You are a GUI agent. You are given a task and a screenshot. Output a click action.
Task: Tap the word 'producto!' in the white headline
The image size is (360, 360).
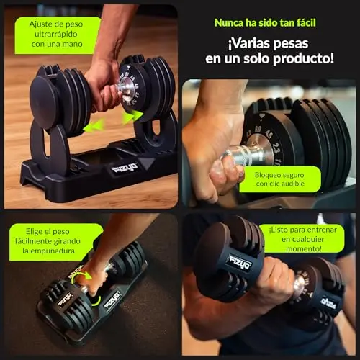click(x=303, y=59)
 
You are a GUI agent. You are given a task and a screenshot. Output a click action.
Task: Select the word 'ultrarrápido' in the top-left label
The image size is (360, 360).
click(x=56, y=34)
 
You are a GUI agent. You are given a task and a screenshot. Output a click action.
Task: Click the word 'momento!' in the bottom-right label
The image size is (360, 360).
click(x=304, y=248)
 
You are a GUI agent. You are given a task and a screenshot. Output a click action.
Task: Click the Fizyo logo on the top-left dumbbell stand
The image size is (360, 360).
click(x=125, y=168)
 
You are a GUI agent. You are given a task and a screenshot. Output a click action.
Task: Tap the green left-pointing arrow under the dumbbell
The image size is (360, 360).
click(x=94, y=125)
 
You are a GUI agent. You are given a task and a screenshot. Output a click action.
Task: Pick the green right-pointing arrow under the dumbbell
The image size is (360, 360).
click(x=132, y=117)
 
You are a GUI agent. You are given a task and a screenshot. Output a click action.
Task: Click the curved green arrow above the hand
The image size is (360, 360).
click(x=82, y=276)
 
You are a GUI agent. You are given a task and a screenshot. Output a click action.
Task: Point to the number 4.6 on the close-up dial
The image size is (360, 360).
click(x=269, y=134)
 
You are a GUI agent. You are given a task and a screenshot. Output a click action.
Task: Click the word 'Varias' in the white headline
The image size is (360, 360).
click(x=251, y=44)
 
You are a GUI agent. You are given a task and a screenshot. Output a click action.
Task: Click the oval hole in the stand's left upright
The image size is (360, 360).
click(x=46, y=142)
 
